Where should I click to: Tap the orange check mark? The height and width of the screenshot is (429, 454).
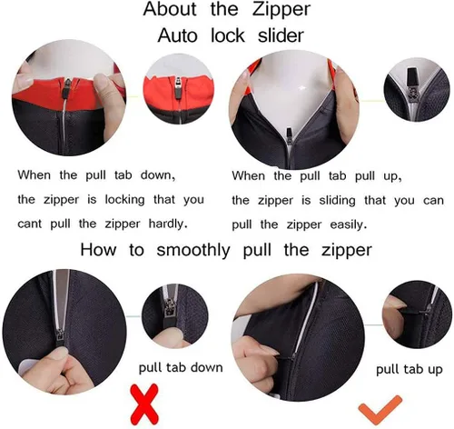(x=380, y=409)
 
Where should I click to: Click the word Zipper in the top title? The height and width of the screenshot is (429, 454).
(x=281, y=9)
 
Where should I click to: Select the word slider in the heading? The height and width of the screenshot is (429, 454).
(x=281, y=35)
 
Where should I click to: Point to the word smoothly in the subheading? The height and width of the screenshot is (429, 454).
(x=193, y=251)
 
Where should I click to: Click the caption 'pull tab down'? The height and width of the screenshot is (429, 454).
(x=181, y=367)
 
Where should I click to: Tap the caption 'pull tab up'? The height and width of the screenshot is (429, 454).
(x=410, y=370)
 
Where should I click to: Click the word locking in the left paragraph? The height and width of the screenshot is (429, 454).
(x=124, y=200)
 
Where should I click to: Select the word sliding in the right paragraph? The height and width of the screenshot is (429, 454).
(x=337, y=201)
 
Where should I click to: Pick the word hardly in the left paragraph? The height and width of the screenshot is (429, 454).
(x=168, y=224)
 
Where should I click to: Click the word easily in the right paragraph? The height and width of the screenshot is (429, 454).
(x=349, y=225)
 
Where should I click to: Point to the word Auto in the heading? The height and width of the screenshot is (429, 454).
(x=177, y=36)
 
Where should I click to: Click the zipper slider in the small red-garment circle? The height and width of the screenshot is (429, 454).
(x=178, y=88)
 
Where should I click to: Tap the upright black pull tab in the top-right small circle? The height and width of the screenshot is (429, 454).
(x=412, y=77)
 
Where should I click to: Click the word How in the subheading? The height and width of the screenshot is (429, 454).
(x=98, y=250)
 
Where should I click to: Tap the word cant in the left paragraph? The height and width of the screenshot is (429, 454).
(x=29, y=224)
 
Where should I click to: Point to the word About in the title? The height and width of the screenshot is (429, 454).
(x=170, y=9)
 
